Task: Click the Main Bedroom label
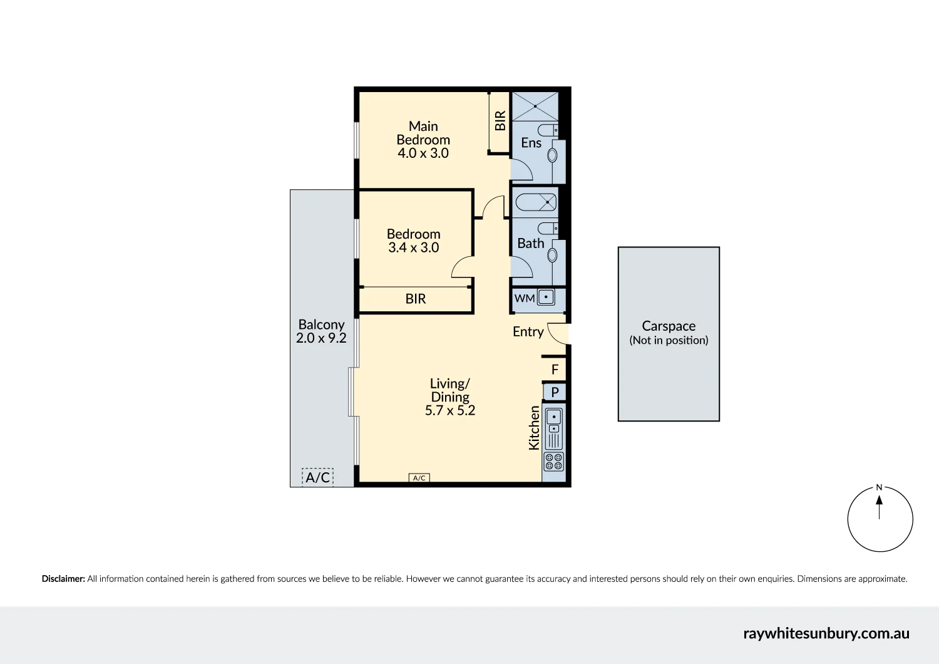[x=423, y=133]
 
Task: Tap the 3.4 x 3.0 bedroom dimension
[x=414, y=247]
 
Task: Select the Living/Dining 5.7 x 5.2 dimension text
[x=450, y=410]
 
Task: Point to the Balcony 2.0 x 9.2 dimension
[x=321, y=338]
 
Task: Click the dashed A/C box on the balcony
[x=318, y=477]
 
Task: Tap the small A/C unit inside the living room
[x=419, y=478]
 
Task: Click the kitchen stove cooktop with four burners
[x=554, y=462]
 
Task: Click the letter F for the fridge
[x=555, y=370]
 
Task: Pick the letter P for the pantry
[x=555, y=392]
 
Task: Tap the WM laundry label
[x=525, y=298]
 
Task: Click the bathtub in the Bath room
[x=536, y=202]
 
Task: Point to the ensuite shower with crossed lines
[x=535, y=106]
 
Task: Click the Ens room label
[x=531, y=143]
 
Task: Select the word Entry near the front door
[x=528, y=332]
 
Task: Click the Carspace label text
[x=669, y=326]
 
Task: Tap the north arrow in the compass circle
[x=880, y=507]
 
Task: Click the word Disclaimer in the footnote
[x=63, y=579]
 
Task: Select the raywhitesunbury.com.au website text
[x=826, y=633]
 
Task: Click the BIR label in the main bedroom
[x=500, y=121]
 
